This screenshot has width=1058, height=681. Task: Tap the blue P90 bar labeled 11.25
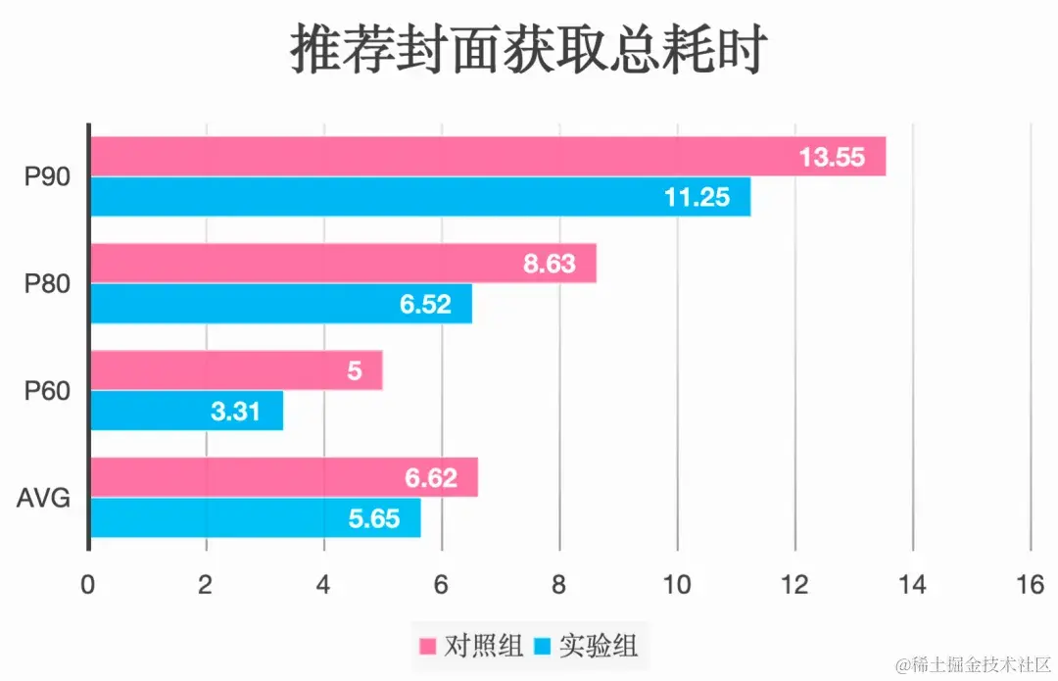(x=420, y=197)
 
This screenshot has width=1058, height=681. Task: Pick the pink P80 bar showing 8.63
(x=343, y=264)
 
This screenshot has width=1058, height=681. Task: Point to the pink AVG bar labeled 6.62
(x=284, y=478)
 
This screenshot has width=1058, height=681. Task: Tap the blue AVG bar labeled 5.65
(x=256, y=517)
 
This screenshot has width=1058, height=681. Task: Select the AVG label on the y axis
(x=44, y=499)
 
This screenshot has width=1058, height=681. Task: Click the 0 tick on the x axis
(x=89, y=585)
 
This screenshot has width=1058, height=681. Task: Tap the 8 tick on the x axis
(x=559, y=585)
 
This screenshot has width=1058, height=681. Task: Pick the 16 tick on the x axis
(x=1029, y=585)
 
